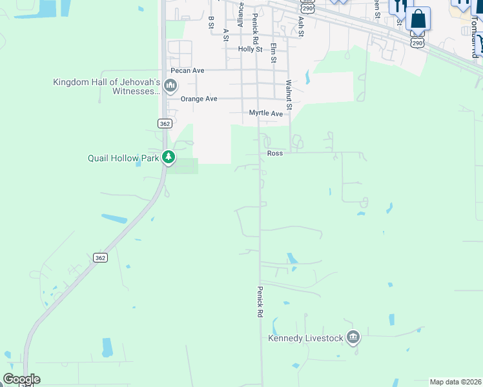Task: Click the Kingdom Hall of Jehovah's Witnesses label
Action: (x=107, y=86)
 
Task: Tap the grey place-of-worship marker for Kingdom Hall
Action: (x=170, y=85)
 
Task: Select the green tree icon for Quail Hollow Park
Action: (x=169, y=157)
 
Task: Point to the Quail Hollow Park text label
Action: (x=123, y=158)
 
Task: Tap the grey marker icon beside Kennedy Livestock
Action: (x=353, y=337)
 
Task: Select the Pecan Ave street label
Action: (x=187, y=70)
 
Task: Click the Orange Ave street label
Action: (x=198, y=99)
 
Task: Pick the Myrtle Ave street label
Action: (x=266, y=114)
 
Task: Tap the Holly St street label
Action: (x=250, y=49)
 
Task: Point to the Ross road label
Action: (x=275, y=154)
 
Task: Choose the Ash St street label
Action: (x=300, y=26)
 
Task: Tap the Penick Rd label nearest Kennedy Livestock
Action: (x=260, y=301)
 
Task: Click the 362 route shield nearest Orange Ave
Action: (x=164, y=123)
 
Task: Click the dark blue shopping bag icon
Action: (x=418, y=19)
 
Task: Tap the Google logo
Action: (x=21, y=379)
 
